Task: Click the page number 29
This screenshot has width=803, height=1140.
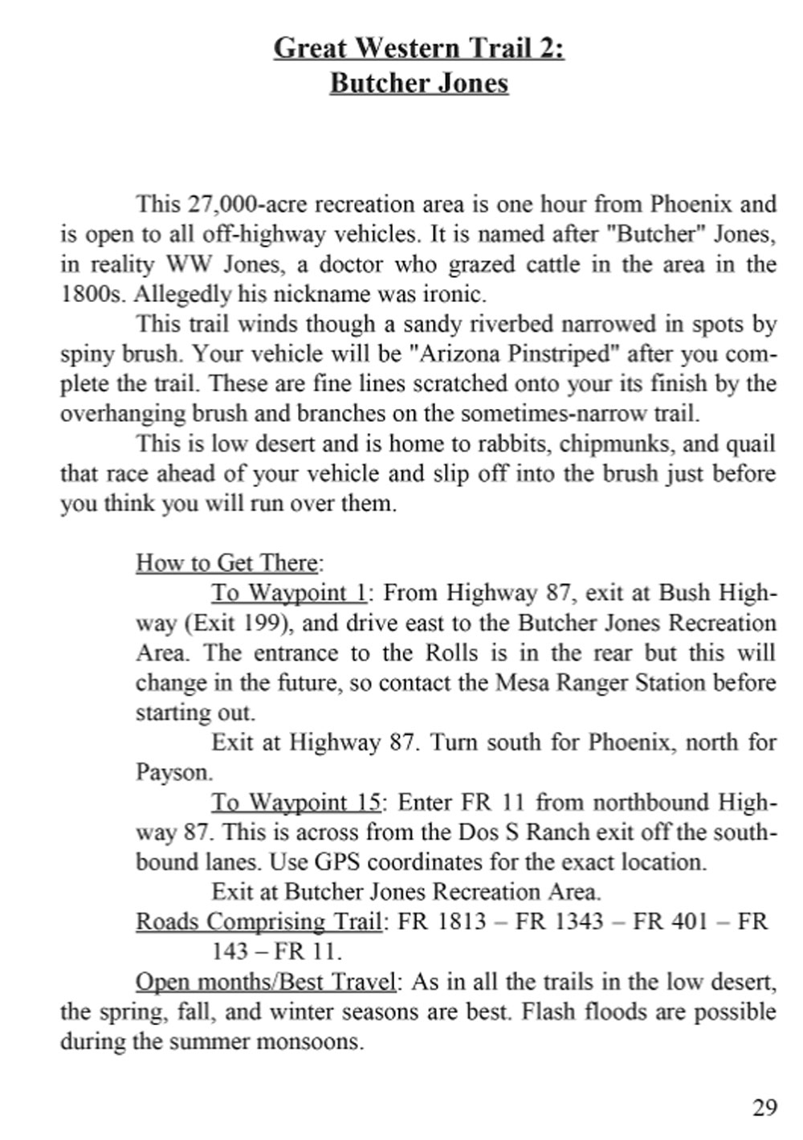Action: coord(764,1107)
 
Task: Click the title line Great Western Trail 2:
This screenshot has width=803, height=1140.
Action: coord(418,48)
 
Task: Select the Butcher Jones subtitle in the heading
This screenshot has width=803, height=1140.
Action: coord(418,83)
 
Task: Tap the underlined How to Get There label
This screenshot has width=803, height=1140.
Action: coord(228,562)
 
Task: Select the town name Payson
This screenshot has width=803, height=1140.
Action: coord(173,773)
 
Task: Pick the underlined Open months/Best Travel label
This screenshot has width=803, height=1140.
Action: coord(266,982)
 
